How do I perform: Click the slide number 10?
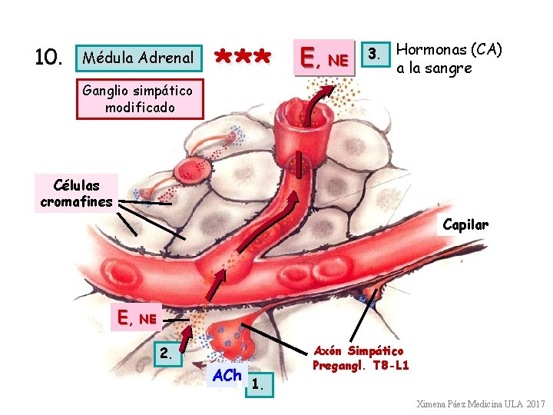tap(48, 58)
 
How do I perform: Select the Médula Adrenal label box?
tap(138, 58)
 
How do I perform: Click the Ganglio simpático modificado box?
tap(140, 99)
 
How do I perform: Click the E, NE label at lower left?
tap(137, 317)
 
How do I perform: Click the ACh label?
tap(227, 376)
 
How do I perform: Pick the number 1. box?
tap(260, 387)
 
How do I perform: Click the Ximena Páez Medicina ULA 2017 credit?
tap(480, 404)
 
